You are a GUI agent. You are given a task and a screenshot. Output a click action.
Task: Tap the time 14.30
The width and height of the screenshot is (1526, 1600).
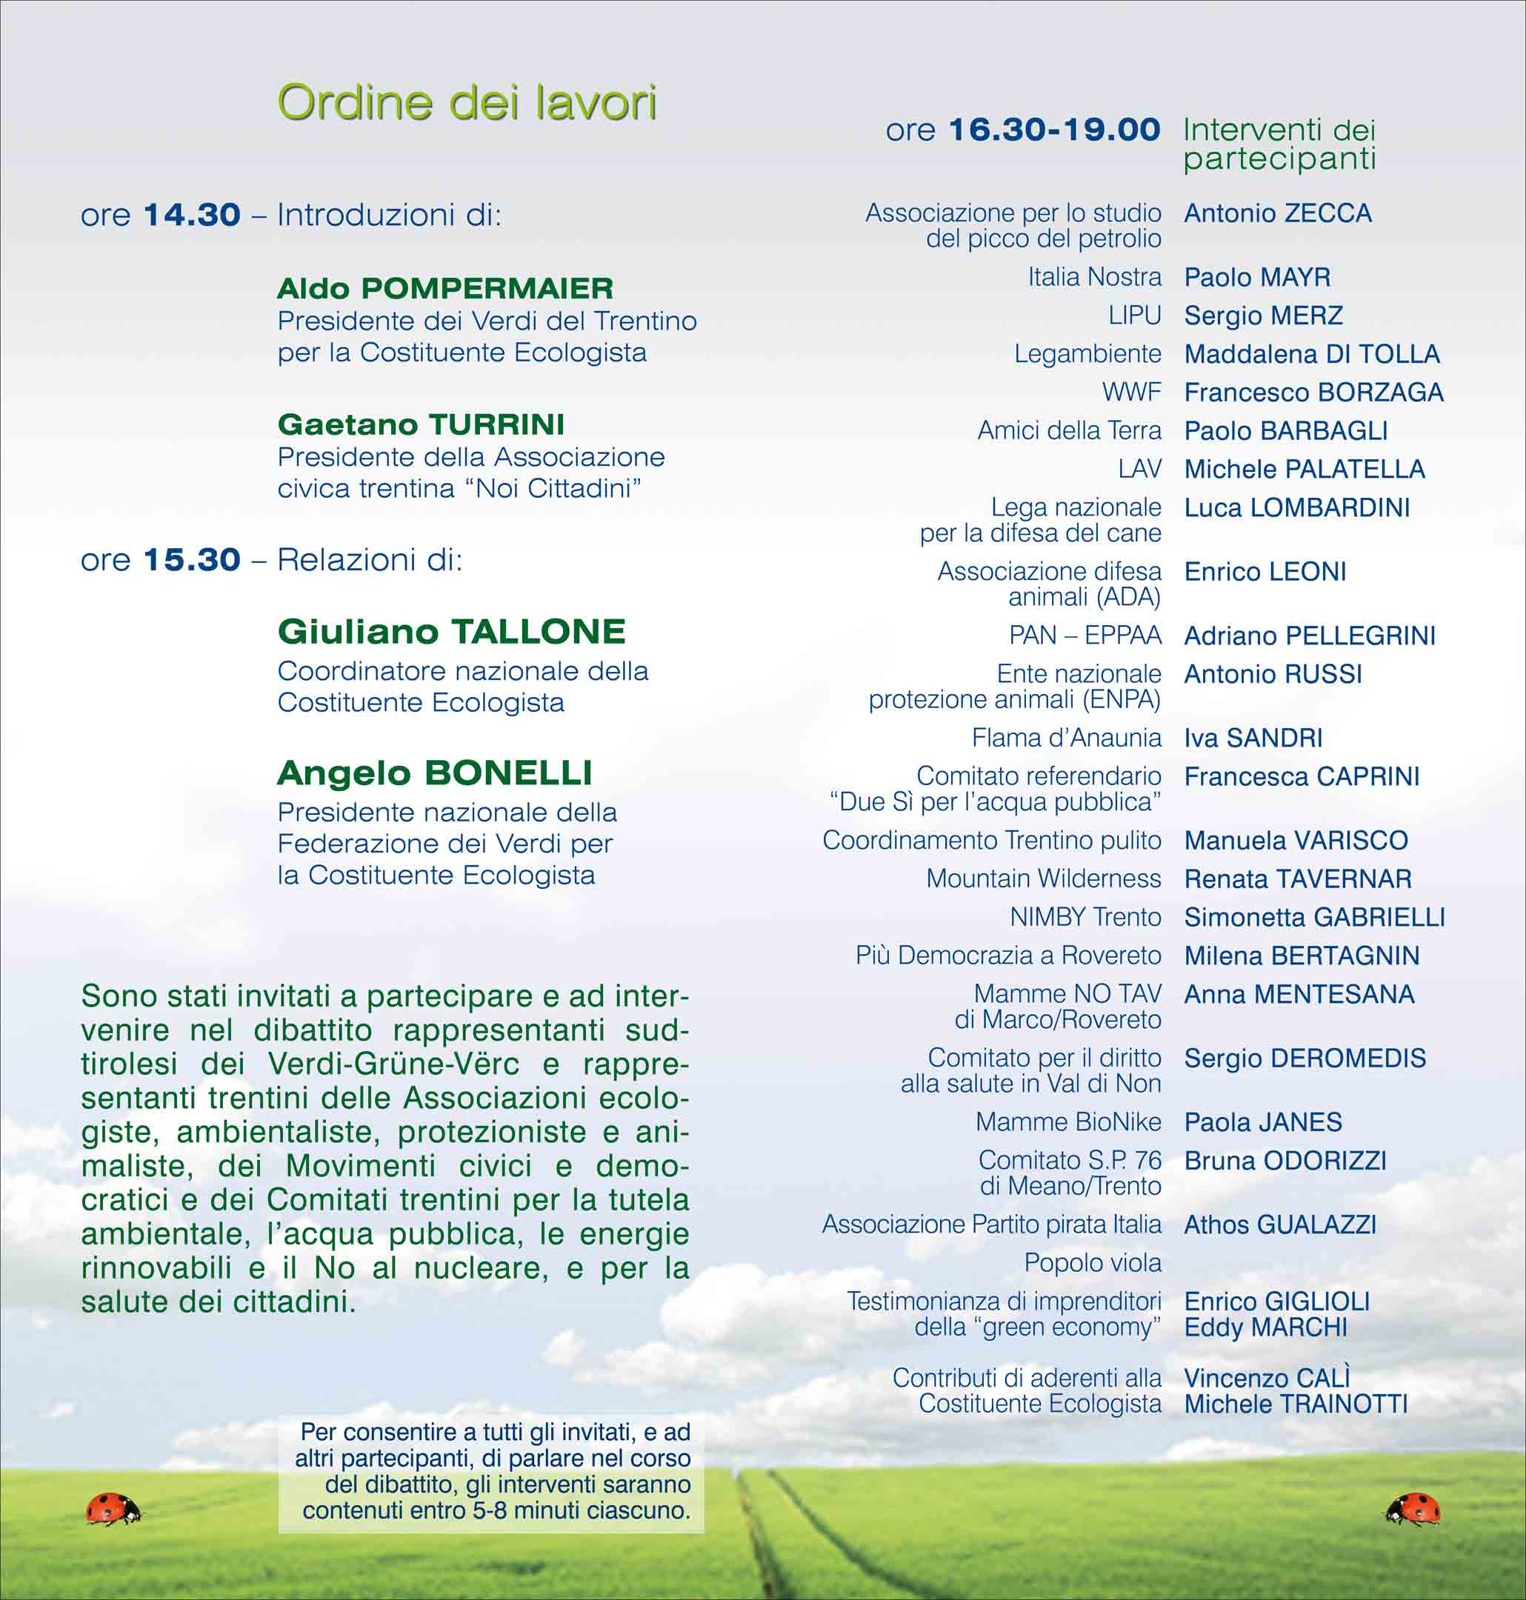[x=191, y=216]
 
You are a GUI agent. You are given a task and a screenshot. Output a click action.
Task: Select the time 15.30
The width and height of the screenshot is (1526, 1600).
[x=191, y=561]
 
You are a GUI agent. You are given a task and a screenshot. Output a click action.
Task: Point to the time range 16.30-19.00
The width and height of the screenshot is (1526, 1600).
[x=1054, y=130]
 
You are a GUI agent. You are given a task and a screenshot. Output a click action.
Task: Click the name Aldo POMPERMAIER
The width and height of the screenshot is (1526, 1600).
[x=445, y=289]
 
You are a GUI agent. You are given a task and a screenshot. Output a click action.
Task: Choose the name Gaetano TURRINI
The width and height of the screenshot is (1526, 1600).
[x=421, y=424]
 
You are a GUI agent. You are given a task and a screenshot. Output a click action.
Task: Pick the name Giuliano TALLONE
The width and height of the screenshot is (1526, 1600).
[x=450, y=632]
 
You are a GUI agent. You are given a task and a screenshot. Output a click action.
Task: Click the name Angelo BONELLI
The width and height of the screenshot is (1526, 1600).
[x=433, y=773]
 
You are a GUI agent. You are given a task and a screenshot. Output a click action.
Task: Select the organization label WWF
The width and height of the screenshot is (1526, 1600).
[x=1131, y=393]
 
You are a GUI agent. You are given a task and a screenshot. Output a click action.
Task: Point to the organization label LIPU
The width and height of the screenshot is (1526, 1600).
[x=1134, y=316]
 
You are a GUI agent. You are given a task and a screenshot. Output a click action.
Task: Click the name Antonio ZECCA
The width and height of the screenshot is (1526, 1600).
[x=1277, y=214]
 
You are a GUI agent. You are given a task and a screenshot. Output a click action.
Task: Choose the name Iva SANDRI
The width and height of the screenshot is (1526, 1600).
[x=1253, y=739]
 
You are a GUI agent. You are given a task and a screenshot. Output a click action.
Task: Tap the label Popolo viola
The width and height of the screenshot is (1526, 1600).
[x=1092, y=1263]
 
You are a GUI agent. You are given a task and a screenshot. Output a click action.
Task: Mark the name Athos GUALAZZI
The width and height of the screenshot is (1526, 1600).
[x=1279, y=1225]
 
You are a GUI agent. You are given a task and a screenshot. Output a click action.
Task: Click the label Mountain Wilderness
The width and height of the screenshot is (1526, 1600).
[x=1043, y=879]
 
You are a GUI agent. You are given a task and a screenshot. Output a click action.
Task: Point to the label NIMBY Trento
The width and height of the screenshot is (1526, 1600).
[x=1085, y=918]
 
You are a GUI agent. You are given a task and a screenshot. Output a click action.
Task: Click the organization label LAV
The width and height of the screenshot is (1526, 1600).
[x=1139, y=470]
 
